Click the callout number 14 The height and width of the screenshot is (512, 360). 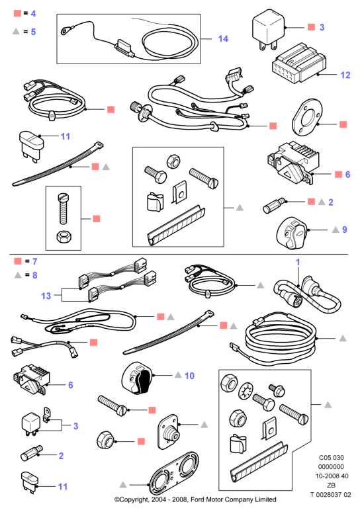[x=223, y=39]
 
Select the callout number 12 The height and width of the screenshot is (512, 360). [x=345, y=75]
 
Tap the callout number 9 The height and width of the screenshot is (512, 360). [x=345, y=230]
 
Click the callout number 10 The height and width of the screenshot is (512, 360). [x=189, y=376]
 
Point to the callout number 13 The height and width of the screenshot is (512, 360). [x=46, y=296]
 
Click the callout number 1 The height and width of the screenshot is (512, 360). [x=298, y=262]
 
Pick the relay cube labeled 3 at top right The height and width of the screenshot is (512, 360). [x=268, y=30]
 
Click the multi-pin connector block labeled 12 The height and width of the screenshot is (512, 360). [x=298, y=63]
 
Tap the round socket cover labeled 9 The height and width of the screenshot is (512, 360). [x=292, y=233]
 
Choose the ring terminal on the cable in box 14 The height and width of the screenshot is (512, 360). [x=65, y=30]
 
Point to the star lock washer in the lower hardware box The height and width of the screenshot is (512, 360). [x=246, y=390]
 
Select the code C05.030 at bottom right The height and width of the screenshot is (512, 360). [x=332, y=458]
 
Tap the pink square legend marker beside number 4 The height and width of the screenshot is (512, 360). [x=17, y=13]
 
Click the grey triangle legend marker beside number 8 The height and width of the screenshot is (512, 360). [x=18, y=275]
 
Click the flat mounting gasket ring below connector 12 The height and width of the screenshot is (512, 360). [x=307, y=117]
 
